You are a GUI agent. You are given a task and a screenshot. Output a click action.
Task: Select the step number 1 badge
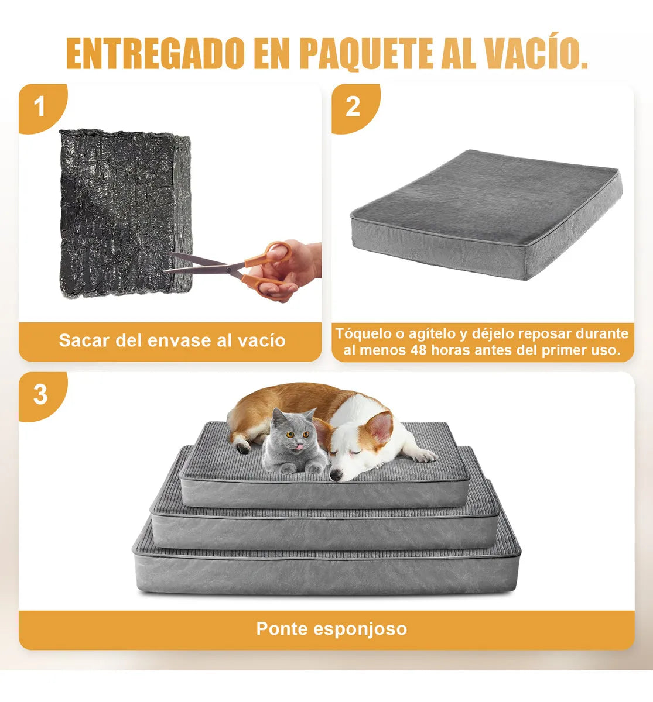[x=39, y=108]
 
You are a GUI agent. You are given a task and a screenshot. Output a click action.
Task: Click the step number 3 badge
[x=40, y=395]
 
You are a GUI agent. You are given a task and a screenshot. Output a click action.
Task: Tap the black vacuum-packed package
[x=123, y=211]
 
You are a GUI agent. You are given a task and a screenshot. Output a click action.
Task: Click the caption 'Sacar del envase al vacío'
[x=172, y=340]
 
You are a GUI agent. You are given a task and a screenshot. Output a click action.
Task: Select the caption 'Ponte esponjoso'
[x=331, y=629]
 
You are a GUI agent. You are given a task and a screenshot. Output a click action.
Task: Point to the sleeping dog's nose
[x=336, y=477]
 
